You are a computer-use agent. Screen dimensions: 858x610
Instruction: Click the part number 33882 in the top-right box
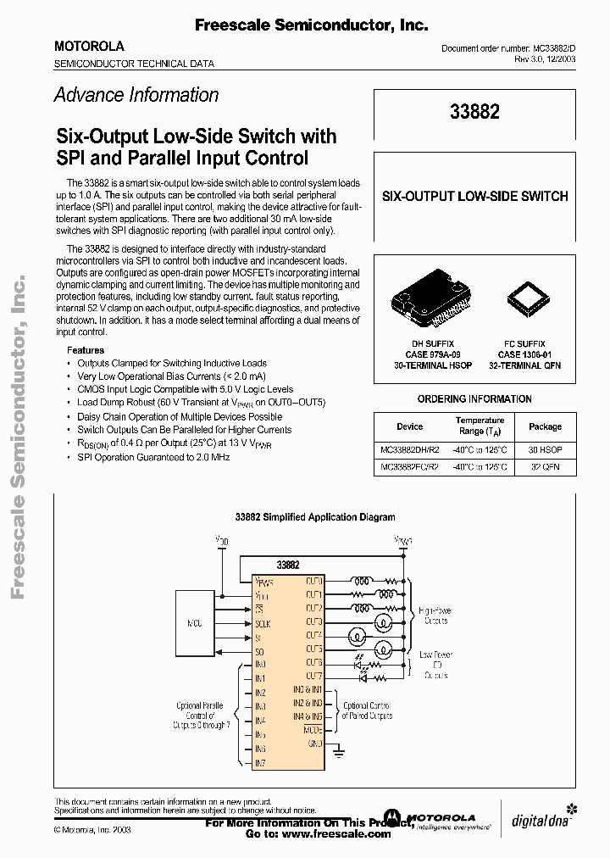(474, 112)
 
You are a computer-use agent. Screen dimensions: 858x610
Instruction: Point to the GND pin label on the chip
(313, 744)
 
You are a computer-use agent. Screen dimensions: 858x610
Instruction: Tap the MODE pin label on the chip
(312, 729)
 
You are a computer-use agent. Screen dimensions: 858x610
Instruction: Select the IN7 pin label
(260, 764)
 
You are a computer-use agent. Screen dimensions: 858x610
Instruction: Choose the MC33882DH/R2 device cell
(409, 448)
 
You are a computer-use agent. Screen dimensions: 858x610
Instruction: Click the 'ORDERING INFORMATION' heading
(474, 398)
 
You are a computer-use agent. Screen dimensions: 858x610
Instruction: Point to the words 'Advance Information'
(136, 95)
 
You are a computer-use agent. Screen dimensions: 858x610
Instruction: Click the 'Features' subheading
(86, 349)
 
